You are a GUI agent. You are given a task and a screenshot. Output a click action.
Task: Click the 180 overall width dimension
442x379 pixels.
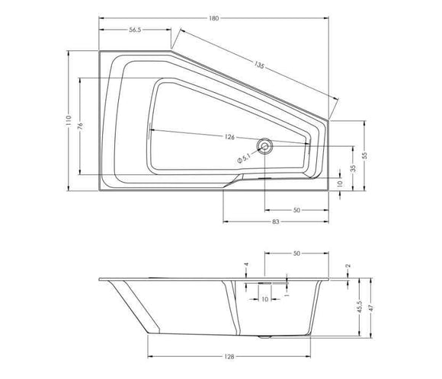click(214, 18)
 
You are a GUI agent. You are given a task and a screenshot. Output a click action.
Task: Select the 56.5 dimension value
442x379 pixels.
click(135, 30)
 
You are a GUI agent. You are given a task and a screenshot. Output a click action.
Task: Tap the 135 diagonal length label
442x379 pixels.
click(259, 65)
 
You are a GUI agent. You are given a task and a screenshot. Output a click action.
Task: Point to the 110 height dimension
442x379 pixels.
click(69, 120)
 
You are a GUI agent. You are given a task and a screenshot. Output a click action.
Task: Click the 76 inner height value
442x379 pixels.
click(80, 126)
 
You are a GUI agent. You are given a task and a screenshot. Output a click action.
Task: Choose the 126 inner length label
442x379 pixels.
click(229, 137)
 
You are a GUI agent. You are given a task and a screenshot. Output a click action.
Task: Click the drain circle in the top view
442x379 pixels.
click(264, 146)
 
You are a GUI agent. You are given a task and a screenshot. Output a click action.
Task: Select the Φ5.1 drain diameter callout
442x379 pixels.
click(244, 158)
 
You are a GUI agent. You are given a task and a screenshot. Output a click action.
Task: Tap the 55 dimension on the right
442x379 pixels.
click(365, 156)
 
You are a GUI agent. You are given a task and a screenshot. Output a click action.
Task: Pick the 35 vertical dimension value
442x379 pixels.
click(353, 168)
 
